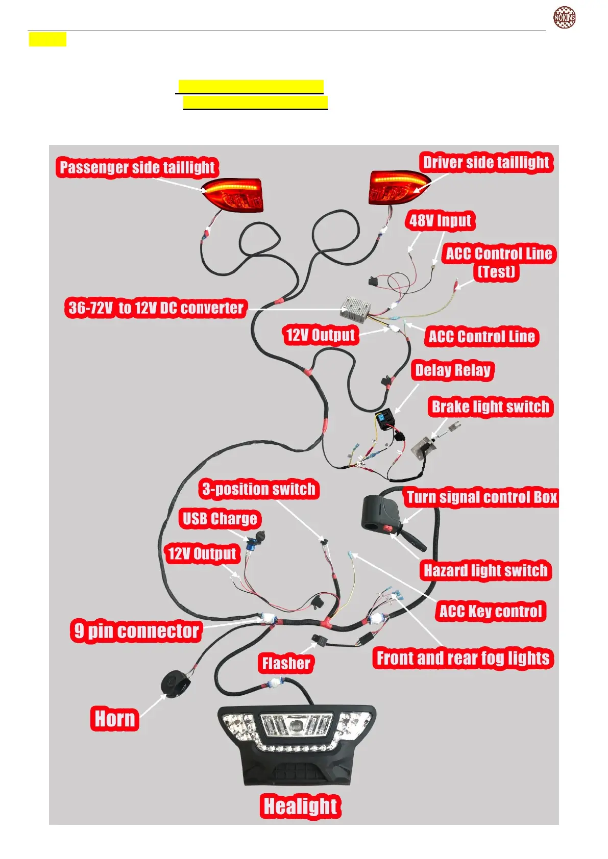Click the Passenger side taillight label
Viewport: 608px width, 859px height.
(x=137, y=167)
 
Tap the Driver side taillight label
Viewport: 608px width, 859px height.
(x=486, y=162)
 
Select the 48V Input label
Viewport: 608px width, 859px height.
(x=440, y=220)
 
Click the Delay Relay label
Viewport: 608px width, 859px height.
(x=452, y=370)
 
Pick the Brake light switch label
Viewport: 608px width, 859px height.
(x=490, y=407)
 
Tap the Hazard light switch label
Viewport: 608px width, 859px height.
(x=485, y=570)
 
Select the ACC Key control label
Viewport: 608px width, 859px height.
(x=490, y=611)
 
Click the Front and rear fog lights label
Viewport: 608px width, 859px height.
(x=463, y=658)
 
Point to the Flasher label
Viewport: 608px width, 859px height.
(x=286, y=663)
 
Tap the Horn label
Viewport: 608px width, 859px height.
(x=115, y=719)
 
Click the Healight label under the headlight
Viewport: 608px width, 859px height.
(x=300, y=806)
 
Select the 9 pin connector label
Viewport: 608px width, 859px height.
(x=136, y=630)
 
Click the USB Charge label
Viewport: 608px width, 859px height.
(x=220, y=519)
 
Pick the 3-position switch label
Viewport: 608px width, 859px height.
(x=259, y=489)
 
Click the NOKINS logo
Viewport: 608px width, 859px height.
(x=565, y=17)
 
